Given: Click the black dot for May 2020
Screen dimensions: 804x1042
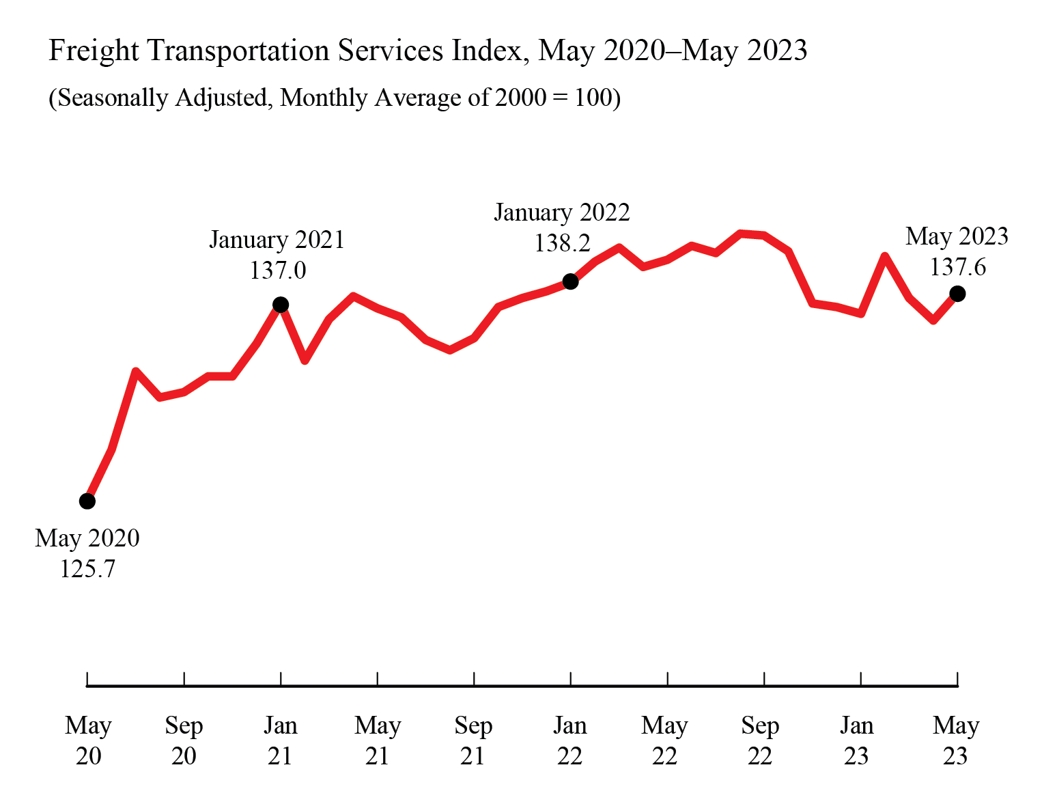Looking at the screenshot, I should point(87,501).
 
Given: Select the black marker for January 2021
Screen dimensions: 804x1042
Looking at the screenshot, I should point(281,305).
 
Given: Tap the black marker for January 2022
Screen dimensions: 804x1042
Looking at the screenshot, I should point(571,281).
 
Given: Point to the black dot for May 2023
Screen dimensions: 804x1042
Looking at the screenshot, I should point(957,294).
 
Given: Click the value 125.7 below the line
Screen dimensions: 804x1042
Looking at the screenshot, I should point(87,568).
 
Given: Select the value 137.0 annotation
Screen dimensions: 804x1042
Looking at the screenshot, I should point(277,271).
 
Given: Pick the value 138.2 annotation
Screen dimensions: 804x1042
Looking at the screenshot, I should point(562,242).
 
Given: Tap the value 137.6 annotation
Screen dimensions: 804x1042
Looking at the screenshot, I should point(957,266).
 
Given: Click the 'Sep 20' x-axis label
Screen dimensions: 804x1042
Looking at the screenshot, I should point(184,740).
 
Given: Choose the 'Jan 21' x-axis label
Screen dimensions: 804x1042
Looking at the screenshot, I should point(281,740).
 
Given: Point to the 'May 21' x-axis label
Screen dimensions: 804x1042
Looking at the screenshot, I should point(378,740).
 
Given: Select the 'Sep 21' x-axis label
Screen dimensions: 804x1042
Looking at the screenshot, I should point(473,740).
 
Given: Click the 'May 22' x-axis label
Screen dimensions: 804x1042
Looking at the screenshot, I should point(664,740).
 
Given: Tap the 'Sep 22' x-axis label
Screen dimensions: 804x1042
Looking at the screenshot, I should point(760,740).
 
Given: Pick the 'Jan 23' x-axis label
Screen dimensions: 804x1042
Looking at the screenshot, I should point(856,740).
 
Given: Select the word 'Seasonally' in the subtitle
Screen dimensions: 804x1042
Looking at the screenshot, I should point(113,98).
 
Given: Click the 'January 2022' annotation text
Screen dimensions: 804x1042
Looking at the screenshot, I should point(562,212).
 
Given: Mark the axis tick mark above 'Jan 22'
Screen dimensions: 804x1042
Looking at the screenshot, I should point(571,678).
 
